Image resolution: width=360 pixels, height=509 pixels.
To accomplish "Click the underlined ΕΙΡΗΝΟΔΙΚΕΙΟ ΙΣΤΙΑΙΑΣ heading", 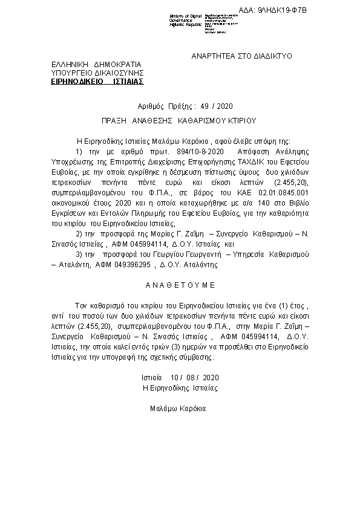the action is click(x=97, y=80).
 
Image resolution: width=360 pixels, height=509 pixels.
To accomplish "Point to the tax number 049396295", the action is click(x=129, y=264).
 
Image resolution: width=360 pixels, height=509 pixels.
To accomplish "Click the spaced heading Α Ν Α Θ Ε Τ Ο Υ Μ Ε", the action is click(x=180, y=284).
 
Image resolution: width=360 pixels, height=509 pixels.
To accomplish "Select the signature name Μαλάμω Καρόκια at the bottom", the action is click(x=178, y=409).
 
